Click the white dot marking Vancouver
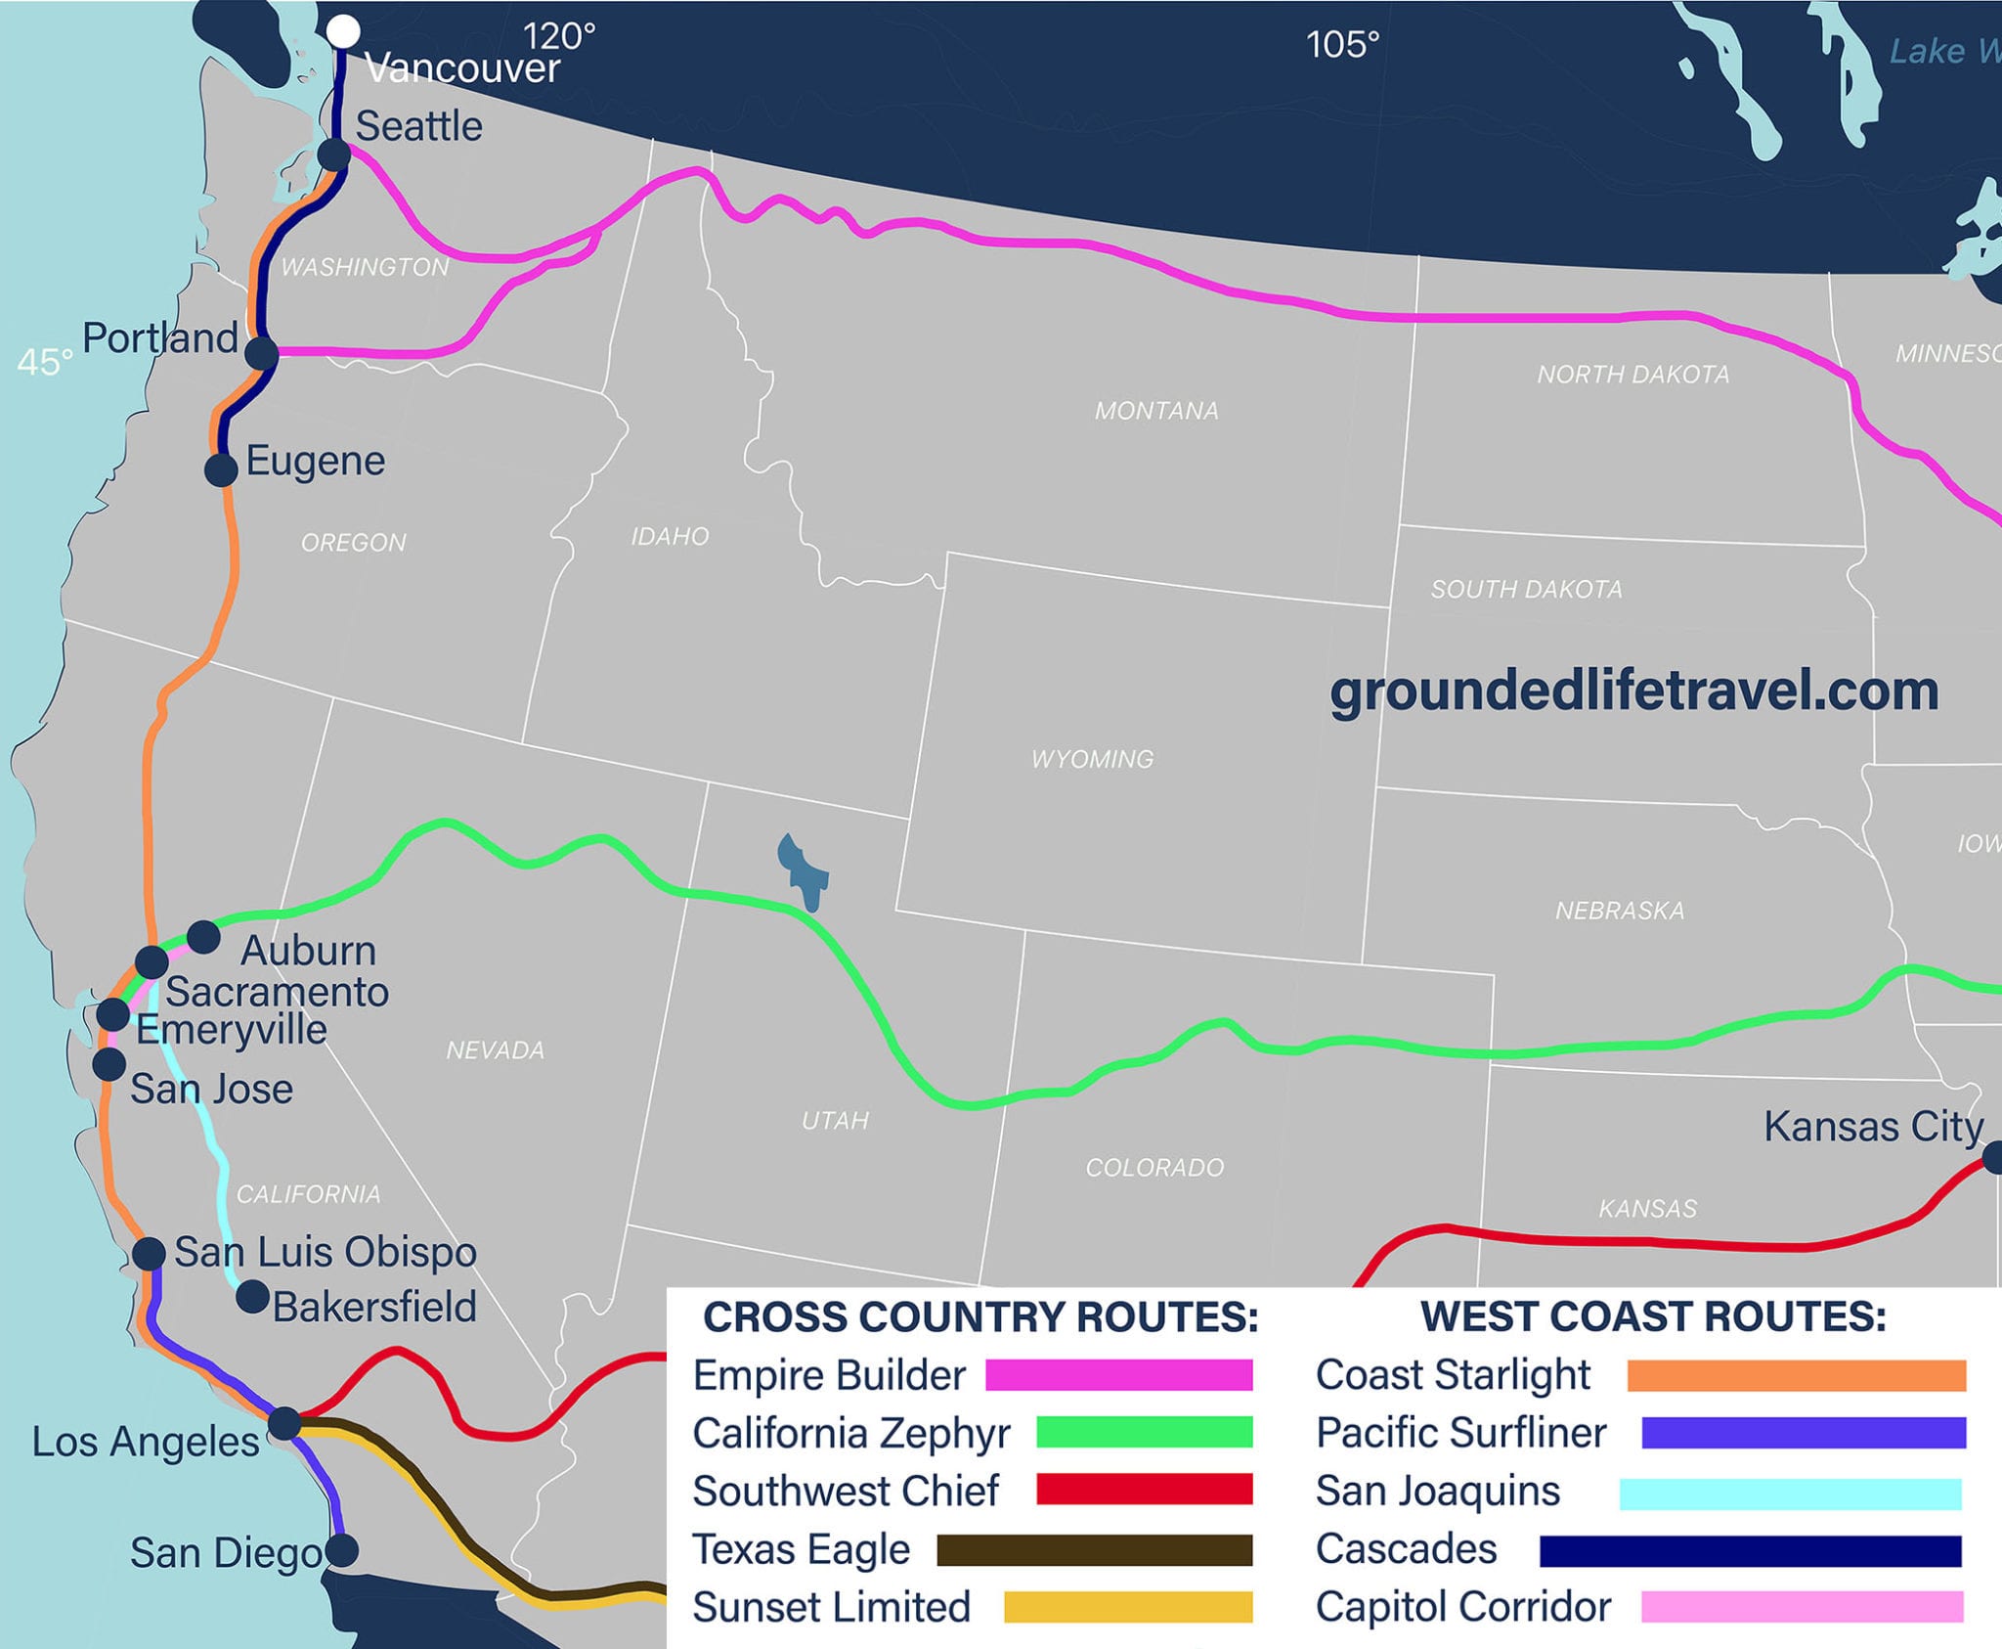pos(342,30)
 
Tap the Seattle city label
pos(418,127)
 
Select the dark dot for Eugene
pos(222,469)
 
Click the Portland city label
pos(160,338)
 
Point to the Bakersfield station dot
pos(252,1297)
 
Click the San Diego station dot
pos(341,1549)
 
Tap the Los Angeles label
pos(146,1442)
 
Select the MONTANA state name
pos(1156,411)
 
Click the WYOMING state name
pos(1092,759)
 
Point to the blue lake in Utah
pos(803,870)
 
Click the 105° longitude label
pos(1342,44)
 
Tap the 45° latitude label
pos(45,363)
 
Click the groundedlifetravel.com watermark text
pos(1633,691)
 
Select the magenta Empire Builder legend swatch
pos(1118,1375)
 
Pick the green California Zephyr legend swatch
pos(1144,1433)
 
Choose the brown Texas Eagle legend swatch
pos(1094,1550)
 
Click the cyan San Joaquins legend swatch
pos(1789,1493)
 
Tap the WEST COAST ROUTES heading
pos(1653,1316)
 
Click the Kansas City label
pos(1873,1127)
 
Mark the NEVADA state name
pos(495,1050)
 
